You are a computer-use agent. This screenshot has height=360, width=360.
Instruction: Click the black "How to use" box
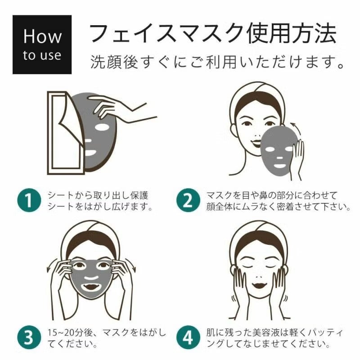42,45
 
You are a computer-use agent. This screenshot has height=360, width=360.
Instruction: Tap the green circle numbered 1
29,200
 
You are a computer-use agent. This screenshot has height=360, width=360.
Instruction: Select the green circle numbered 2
188,200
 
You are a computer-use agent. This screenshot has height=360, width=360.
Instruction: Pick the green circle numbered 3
29,337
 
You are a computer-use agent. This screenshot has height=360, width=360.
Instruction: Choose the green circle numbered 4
188,337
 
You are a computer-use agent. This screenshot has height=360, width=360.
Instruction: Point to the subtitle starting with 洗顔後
217,62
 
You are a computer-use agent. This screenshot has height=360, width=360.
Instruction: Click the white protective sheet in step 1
65,133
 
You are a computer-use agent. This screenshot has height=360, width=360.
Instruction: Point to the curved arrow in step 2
296,131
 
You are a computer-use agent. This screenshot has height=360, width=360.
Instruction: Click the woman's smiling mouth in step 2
256,144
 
